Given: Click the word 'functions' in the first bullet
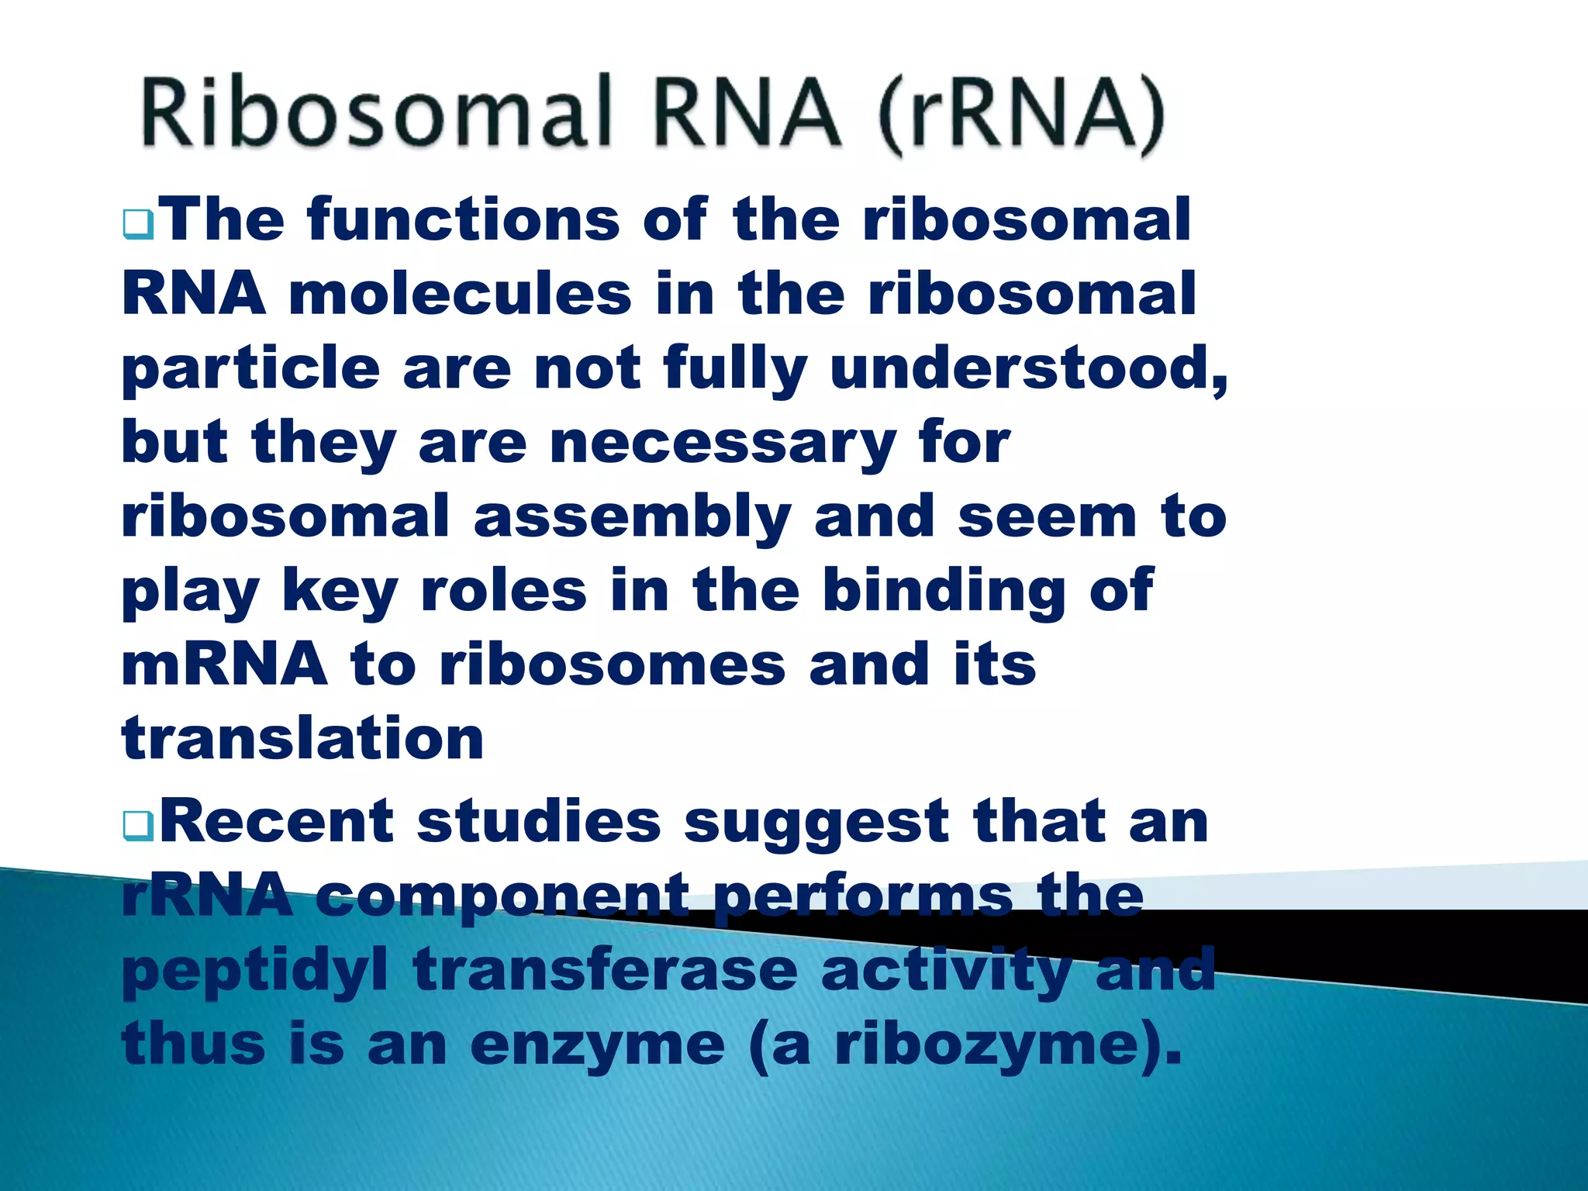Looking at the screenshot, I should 463,219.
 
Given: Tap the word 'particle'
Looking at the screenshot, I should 250,370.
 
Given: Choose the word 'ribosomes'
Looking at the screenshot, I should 612,665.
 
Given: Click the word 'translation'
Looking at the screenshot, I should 303,739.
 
